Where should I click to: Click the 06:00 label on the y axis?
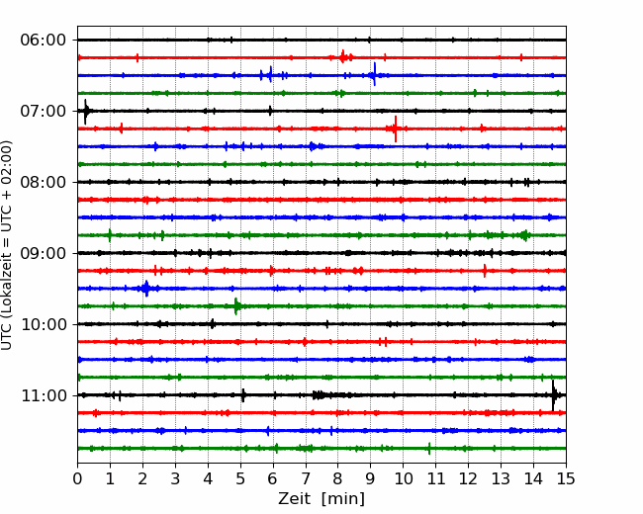[x=44, y=41]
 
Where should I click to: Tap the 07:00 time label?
[x=44, y=111]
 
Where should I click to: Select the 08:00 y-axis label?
[x=44, y=182]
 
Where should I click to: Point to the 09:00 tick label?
[x=44, y=253]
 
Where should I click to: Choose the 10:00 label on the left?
[x=44, y=324]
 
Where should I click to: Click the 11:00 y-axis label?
[x=44, y=395]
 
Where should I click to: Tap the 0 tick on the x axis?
[x=77, y=478]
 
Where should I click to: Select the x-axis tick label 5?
[x=240, y=478]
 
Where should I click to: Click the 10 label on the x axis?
[x=403, y=478]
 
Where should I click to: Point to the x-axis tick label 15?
[x=566, y=478]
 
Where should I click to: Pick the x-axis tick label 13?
[x=501, y=478]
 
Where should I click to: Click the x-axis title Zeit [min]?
[x=321, y=499]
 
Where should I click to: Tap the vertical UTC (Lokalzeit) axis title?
[x=7, y=245]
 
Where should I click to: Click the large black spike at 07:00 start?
[x=85, y=112]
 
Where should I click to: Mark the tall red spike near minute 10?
[x=396, y=128]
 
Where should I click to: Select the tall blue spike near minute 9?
[x=374, y=74]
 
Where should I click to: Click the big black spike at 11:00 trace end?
[x=553, y=395]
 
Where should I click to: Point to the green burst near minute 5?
[x=236, y=306]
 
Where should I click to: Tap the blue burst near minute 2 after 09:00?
[x=146, y=289]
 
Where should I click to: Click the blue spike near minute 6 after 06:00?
[x=270, y=74]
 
